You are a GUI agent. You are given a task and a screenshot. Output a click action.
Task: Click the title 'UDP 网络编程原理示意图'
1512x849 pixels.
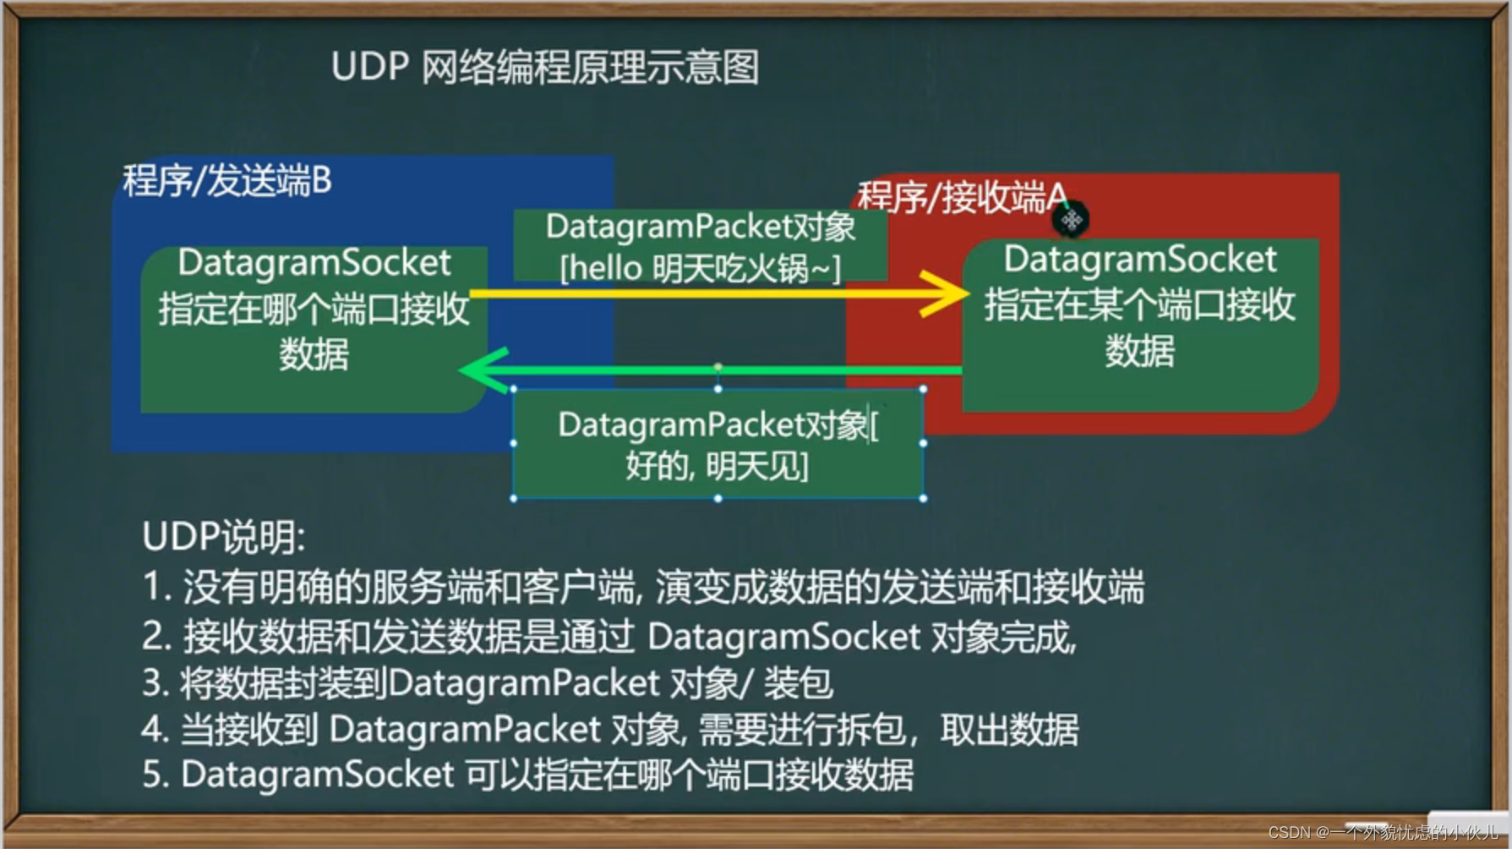pos(545,67)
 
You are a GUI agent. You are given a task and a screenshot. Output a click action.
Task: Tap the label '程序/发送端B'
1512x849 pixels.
pos(227,181)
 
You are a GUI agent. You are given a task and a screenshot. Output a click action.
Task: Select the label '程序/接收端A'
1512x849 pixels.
pos(963,197)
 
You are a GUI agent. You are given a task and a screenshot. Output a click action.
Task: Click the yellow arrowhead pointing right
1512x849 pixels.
pos(944,293)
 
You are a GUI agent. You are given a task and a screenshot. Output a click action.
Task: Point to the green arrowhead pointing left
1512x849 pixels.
pos(483,370)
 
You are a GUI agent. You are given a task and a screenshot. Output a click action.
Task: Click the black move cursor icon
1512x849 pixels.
pos(1071,221)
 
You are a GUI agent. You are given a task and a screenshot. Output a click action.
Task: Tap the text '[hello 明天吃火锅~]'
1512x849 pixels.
pos(701,269)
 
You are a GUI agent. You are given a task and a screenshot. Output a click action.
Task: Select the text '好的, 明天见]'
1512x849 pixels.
pos(717,466)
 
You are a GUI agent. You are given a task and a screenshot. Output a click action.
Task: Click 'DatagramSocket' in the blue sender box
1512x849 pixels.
pos(314,263)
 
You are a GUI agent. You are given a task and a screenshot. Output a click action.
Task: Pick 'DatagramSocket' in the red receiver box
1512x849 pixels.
pos(1140,260)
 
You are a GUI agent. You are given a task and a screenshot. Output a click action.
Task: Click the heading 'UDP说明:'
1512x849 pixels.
pos(224,537)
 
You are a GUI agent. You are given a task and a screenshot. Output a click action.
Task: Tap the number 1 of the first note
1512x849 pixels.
pos(153,587)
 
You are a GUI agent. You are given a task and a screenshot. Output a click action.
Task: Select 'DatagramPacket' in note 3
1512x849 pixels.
pos(524,683)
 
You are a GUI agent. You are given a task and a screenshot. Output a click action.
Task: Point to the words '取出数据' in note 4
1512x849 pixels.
pos(1009,730)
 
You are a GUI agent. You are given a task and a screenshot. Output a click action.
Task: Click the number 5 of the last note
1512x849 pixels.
pos(153,775)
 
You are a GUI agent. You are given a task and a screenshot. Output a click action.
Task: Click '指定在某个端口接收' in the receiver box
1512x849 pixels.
pos(1140,304)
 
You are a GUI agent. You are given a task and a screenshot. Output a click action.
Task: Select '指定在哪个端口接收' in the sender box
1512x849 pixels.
pos(314,309)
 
